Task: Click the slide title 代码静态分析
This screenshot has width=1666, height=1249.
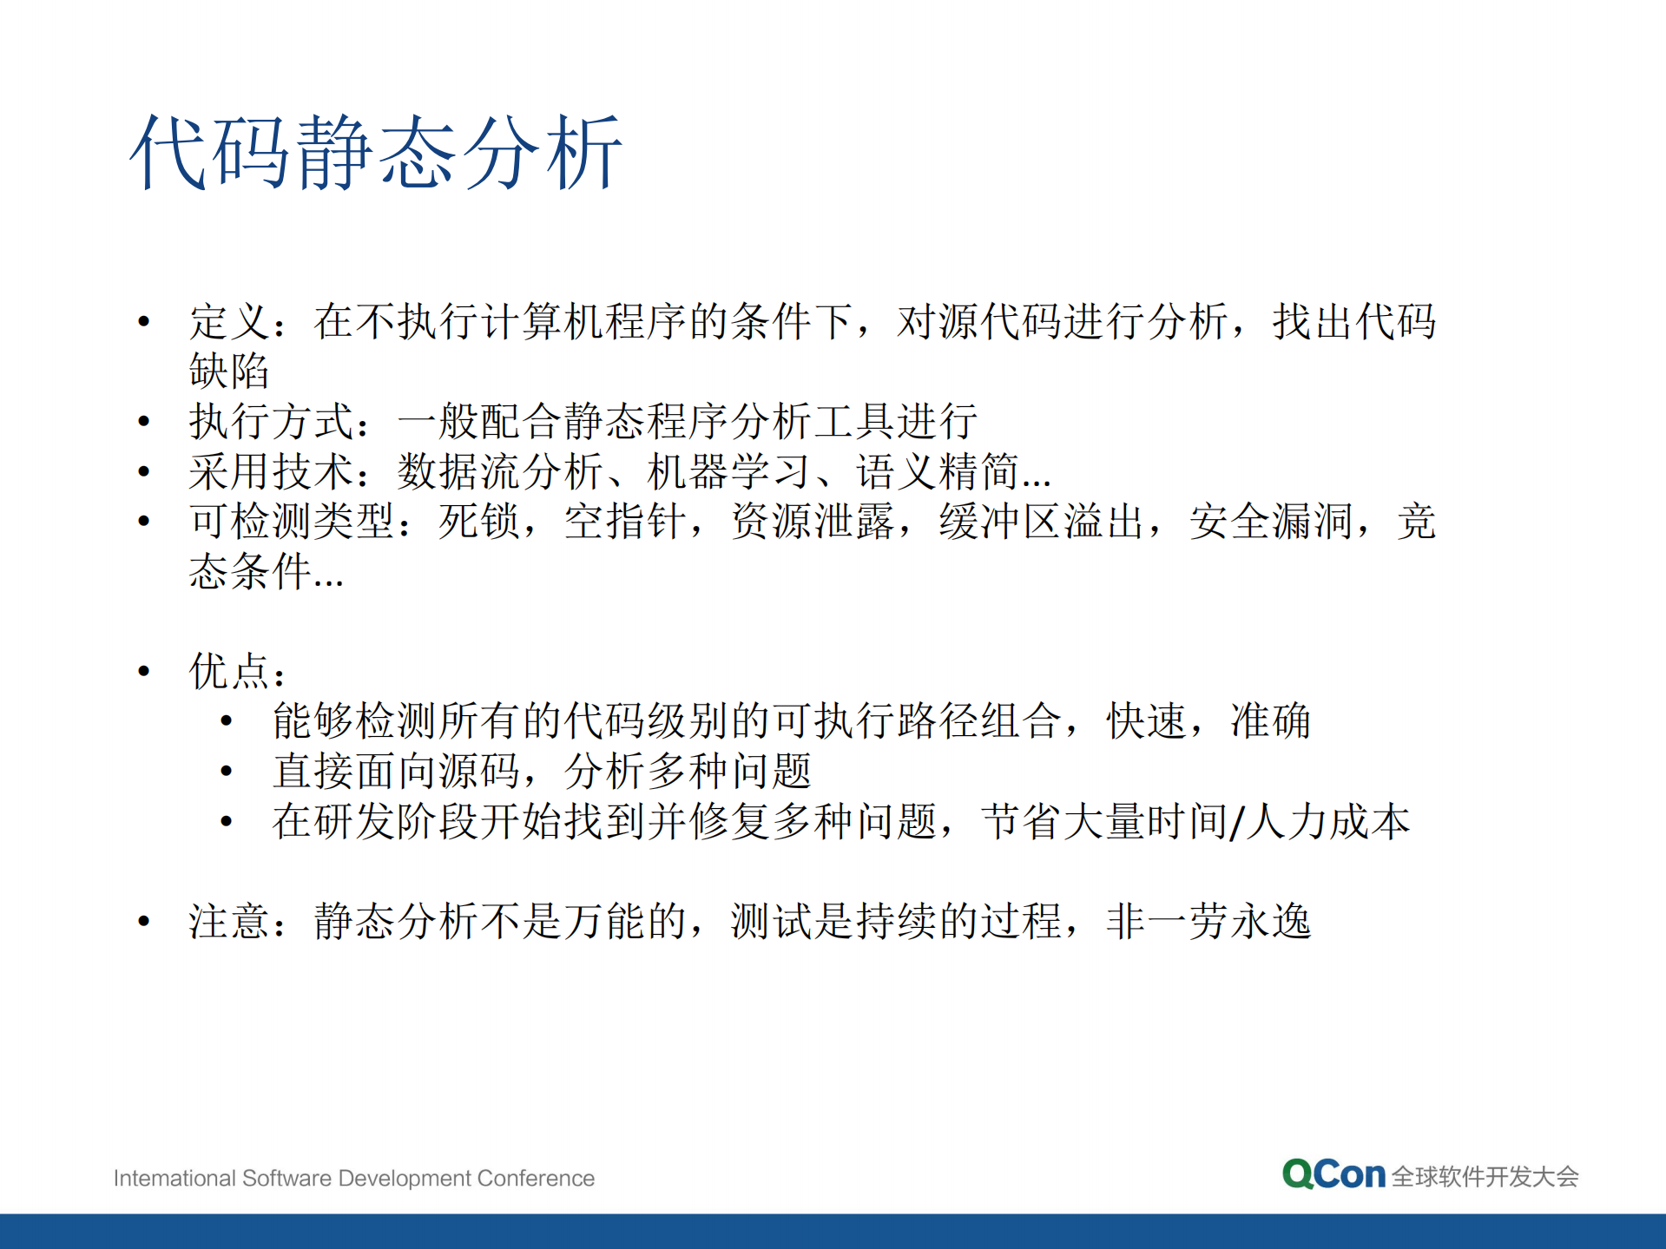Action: [x=376, y=153]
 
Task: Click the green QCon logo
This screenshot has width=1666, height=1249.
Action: [x=1333, y=1174]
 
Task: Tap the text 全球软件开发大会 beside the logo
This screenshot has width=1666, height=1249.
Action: [x=1485, y=1177]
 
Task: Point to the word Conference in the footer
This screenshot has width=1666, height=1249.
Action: [x=536, y=1178]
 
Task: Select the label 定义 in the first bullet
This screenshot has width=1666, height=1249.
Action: [x=229, y=322]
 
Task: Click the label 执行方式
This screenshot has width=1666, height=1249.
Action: [x=271, y=422]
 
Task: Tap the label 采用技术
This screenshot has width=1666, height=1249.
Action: [x=271, y=472]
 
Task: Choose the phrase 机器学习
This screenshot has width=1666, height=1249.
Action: [x=729, y=472]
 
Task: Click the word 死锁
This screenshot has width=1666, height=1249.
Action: [x=479, y=522]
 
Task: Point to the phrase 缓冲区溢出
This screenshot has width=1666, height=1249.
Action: [x=1041, y=522]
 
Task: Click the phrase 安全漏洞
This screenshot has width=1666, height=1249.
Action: [x=1271, y=522]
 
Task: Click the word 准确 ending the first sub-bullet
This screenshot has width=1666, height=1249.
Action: [x=1270, y=721]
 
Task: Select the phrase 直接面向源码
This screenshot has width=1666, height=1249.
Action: [x=396, y=772]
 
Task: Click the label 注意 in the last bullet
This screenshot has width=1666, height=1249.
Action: [x=229, y=922]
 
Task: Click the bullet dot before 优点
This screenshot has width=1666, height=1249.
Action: [x=144, y=671]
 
